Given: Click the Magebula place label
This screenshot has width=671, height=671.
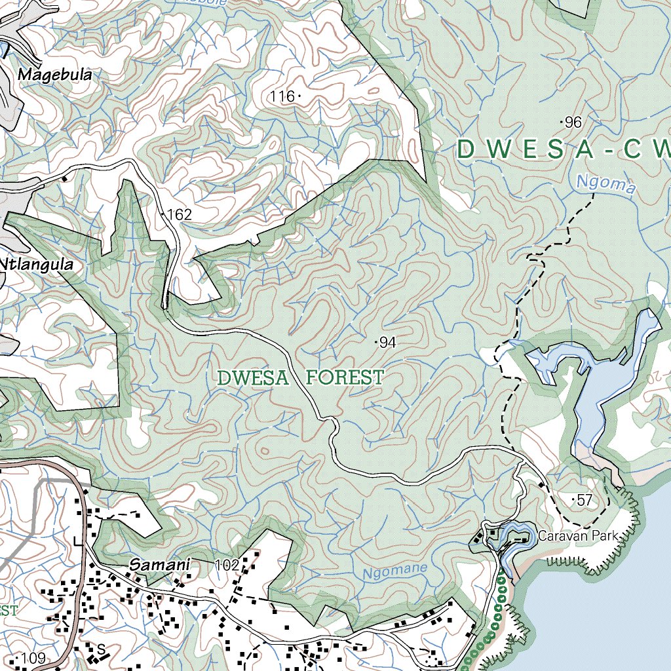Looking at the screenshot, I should [x=54, y=75].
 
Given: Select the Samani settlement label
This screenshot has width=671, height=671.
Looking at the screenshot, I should [x=159, y=564].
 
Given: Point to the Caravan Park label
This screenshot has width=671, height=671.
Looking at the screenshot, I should [x=578, y=536].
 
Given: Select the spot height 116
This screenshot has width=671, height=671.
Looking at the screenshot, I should [x=282, y=96].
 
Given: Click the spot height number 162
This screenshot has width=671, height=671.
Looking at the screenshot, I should [x=179, y=214].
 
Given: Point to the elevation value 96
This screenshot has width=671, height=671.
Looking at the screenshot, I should [x=573, y=123].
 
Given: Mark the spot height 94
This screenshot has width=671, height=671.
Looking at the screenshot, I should [x=387, y=342].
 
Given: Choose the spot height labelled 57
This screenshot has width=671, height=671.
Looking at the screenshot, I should [x=585, y=501].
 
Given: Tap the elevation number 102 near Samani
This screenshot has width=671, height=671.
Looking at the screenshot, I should [x=227, y=564].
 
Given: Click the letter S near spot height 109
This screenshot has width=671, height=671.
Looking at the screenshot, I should [x=101, y=649].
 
